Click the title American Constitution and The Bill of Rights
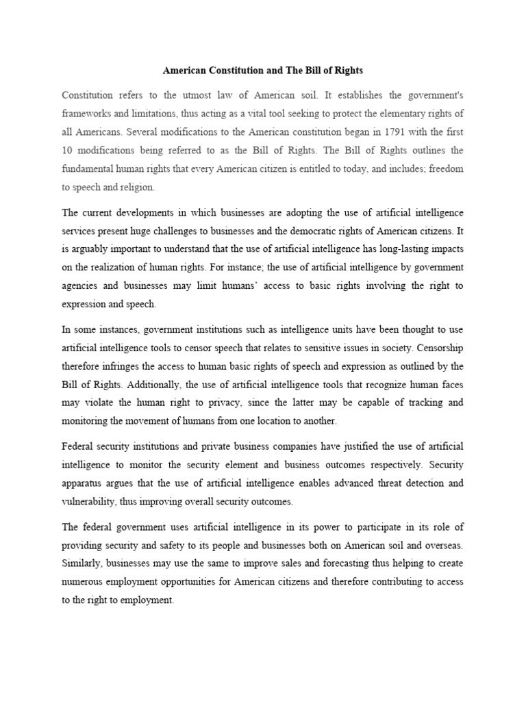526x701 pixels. pyautogui.click(x=262, y=71)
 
